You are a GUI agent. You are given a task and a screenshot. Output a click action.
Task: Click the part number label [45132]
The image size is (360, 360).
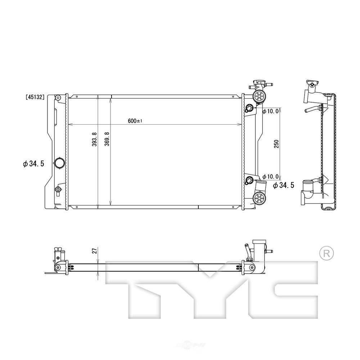(x=35, y=97)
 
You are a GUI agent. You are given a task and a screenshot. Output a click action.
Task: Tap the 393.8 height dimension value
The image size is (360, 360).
(x=94, y=139)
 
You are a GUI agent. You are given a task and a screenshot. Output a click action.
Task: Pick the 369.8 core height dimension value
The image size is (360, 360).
(x=107, y=139)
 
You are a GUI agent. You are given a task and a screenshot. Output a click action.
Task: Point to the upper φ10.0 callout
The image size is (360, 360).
(x=271, y=112)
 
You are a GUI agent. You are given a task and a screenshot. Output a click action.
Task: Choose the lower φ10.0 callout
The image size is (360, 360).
(x=271, y=176)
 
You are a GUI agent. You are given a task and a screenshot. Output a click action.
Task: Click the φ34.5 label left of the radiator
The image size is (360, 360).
(x=33, y=164)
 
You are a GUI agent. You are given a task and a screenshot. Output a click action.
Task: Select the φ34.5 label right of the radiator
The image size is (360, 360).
(x=284, y=185)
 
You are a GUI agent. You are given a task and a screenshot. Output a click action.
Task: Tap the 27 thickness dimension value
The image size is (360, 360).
(x=95, y=251)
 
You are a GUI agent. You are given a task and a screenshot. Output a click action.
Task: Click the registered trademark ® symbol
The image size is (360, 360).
(x=327, y=253)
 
